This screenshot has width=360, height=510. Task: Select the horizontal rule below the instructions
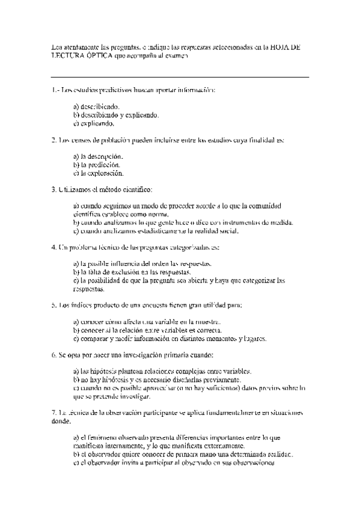(x=180, y=77)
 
